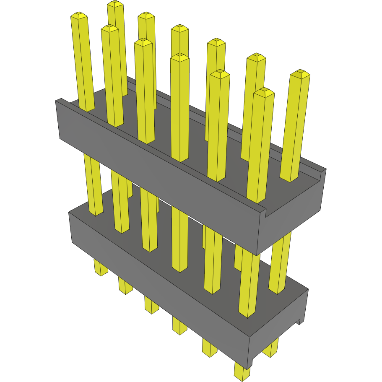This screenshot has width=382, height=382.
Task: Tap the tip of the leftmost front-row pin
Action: point(79,16)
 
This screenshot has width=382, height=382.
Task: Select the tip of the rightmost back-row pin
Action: point(300,74)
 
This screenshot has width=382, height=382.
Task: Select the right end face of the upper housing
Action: point(294,218)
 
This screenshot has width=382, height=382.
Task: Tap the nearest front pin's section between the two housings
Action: point(249,285)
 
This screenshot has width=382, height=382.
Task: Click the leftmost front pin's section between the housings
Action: point(93,185)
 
